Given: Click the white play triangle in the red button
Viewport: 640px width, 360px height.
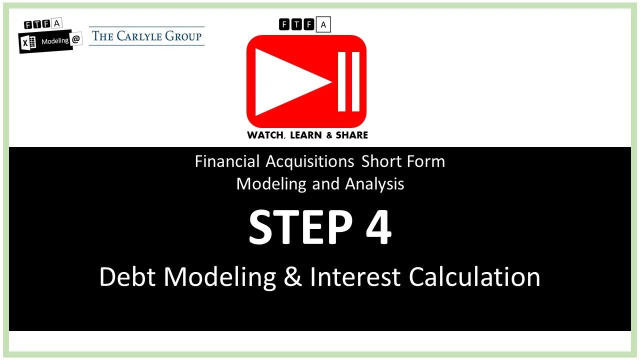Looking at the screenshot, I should (x=290, y=81).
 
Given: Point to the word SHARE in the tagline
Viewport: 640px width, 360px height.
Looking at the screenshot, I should (x=351, y=135).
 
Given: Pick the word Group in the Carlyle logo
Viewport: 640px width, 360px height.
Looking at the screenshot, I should (x=185, y=36).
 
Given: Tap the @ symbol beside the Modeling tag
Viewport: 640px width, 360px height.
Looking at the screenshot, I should (x=76, y=40).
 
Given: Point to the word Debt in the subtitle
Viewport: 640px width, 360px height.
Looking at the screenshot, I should (x=129, y=276).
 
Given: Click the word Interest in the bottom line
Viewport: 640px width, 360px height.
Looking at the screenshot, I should (x=355, y=276).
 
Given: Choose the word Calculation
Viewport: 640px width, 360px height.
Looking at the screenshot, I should (x=474, y=276).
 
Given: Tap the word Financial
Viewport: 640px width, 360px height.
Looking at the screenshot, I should (x=227, y=161).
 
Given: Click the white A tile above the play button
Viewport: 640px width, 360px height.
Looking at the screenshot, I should (x=323, y=24).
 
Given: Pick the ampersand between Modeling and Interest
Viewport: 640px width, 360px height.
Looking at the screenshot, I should (x=292, y=276).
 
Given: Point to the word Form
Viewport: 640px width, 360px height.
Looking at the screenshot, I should (x=425, y=161).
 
